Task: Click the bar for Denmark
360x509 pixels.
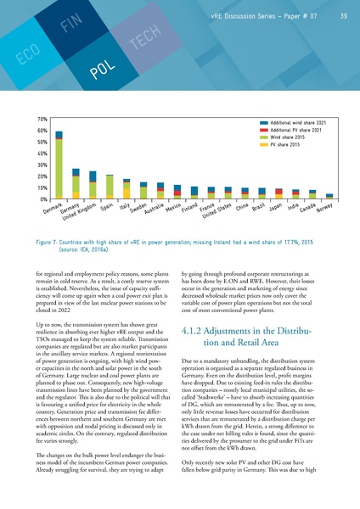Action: point(59,165)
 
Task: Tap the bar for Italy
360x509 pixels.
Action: point(127,189)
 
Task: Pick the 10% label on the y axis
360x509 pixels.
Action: point(41,187)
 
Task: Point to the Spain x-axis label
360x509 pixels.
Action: point(107,207)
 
